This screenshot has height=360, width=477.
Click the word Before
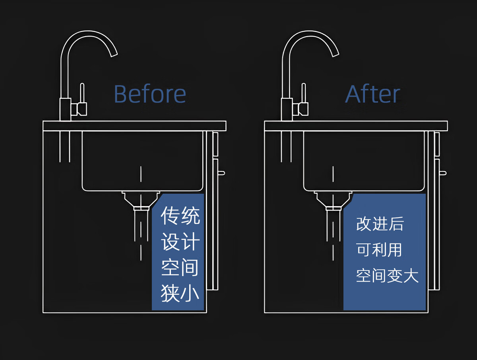(x=150, y=94)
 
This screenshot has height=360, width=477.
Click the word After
(x=372, y=94)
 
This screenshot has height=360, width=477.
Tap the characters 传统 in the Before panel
(x=180, y=216)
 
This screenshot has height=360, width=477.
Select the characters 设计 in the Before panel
(x=180, y=242)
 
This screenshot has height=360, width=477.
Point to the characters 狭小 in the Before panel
(x=180, y=294)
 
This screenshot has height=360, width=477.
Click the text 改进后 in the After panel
(x=380, y=224)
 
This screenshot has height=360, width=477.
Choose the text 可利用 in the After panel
(x=379, y=250)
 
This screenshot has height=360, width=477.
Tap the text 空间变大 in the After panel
(x=387, y=276)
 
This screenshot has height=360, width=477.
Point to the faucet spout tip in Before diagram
(x=114, y=54)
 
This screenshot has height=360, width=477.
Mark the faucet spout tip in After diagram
(x=335, y=54)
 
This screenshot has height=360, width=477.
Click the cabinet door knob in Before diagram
(x=221, y=173)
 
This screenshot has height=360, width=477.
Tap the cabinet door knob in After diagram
(x=443, y=173)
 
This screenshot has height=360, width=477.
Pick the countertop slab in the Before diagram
(x=134, y=126)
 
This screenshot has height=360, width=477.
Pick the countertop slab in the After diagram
(x=356, y=126)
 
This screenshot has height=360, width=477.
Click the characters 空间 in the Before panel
(x=180, y=268)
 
